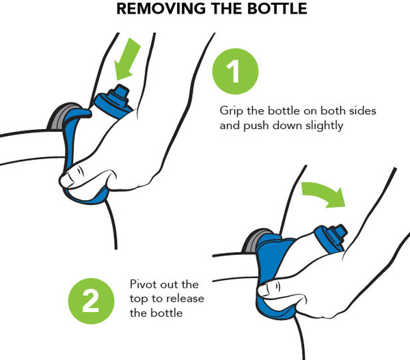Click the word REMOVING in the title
[x=162, y=8]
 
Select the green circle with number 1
[x=235, y=71]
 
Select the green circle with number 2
[x=91, y=301]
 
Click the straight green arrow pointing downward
[x=127, y=59]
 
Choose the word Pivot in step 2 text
[x=143, y=284]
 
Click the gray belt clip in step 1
[x=59, y=116]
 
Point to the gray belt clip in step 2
[x=252, y=242]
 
